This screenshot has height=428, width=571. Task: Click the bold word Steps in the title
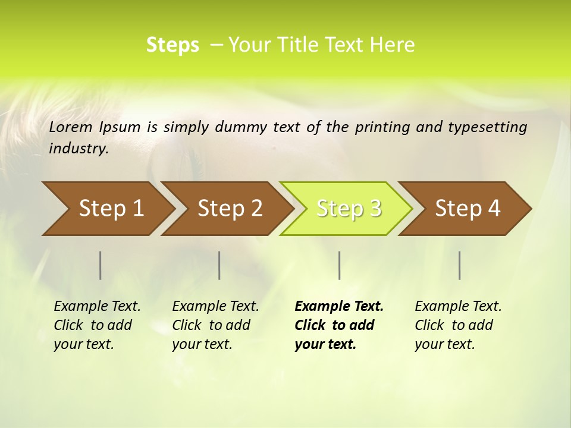172,45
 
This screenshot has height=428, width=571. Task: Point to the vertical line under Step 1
101,265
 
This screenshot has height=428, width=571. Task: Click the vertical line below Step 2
219,265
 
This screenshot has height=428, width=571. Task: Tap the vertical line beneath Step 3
339,265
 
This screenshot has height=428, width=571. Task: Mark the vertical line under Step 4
460,265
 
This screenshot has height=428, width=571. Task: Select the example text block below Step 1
97,325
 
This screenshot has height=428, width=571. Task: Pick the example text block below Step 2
215,325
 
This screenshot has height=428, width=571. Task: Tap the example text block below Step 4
458,325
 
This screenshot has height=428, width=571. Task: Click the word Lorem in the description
71,127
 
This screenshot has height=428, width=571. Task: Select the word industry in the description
78,149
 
